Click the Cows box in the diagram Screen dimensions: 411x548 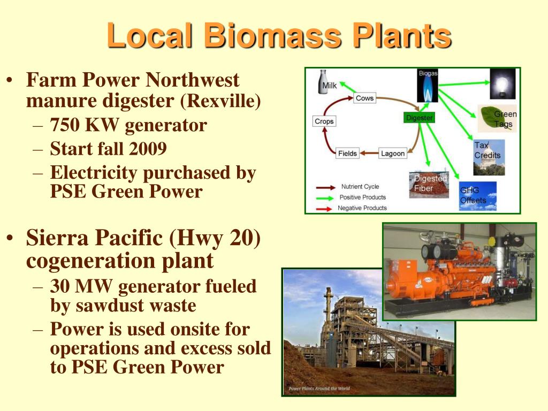point(364,98)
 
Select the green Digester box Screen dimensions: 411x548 point(419,117)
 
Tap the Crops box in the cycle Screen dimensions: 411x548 point(324,121)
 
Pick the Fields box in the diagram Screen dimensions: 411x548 point(347,154)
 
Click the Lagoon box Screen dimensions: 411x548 point(393,154)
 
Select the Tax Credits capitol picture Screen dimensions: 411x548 point(488,157)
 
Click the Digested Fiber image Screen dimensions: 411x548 point(429,185)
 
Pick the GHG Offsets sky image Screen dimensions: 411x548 point(477,196)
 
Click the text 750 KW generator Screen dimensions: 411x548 point(128,125)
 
